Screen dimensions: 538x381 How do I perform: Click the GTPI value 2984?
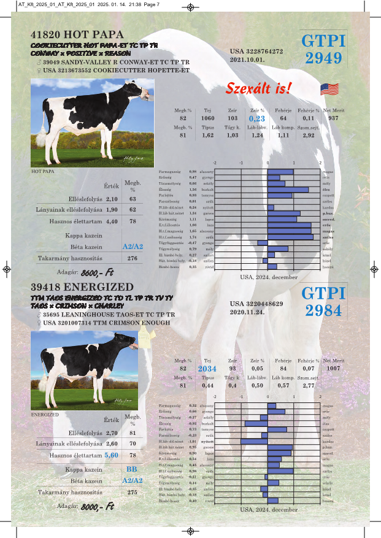coord(323,310)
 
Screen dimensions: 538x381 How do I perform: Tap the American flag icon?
coord(329,90)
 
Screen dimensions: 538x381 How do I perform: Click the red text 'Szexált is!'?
coord(258,88)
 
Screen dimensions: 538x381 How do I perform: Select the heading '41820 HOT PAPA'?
coord(77,34)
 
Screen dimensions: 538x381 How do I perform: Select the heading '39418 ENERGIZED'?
coord(82,287)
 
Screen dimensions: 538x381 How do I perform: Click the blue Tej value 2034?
coord(207,369)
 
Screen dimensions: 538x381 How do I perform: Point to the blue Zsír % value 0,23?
coord(257,118)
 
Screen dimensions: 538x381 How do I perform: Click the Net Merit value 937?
coord(333,118)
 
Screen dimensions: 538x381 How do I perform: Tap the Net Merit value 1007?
coord(334,369)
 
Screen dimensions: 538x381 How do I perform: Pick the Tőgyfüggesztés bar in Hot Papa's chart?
coord(263,243)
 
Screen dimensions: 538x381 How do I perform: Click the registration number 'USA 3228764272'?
coord(256,52)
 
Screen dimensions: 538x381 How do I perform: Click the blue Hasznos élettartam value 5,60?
coord(111,456)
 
